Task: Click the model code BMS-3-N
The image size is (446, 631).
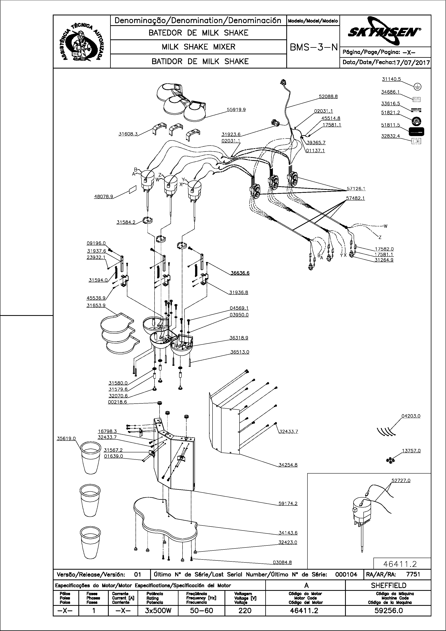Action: click(x=313, y=48)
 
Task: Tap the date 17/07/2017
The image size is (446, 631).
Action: click(x=412, y=63)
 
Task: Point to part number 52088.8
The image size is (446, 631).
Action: click(x=328, y=97)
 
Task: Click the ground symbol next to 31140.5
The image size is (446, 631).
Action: click(x=417, y=87)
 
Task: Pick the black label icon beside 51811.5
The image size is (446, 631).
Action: click(x=416, y=132)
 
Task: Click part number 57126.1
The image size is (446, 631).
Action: click(x=356, y=189)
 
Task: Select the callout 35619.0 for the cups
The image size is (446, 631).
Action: click(x=66, y=439)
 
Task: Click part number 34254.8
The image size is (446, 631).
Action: click(x=288, y=465)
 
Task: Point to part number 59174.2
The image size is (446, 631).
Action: click(x=288, y=504)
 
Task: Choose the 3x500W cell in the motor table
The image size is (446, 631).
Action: click(x=158, y=611)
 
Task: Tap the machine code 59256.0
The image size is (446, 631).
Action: click(x=388, y=611)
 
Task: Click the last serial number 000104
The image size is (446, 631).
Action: click(x=346, y=574)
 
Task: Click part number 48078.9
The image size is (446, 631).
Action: click(x=103, y=197)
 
